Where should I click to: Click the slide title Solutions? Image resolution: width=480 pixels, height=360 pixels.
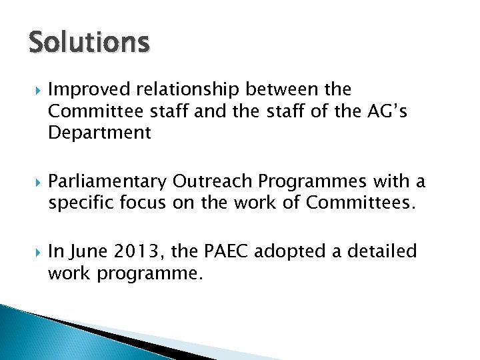89,43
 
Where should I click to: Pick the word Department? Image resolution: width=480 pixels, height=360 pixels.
100,133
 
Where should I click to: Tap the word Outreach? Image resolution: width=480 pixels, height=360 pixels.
209,181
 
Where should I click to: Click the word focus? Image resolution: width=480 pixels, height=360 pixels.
144,203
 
